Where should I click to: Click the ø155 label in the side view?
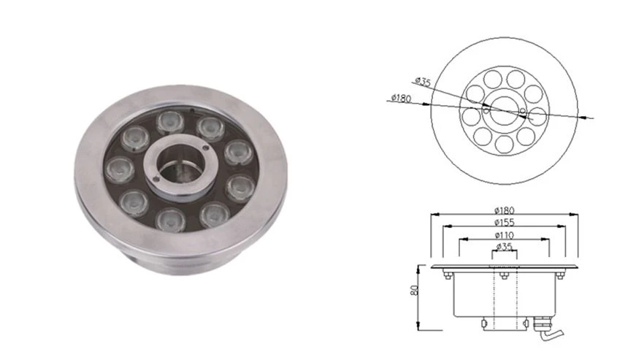pyautogui.click(x=505, y=223)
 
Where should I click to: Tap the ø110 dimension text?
pyautogui.click(x=505, y=235)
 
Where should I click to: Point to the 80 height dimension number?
pyautogui.click(x=415, y=289)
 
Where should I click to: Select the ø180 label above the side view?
pyautogui.click(x=505, y=210)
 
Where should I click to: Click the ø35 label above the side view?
pyautogui.click(x=505, y=247)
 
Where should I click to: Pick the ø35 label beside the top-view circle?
pyautogui.click(x=423, y=82)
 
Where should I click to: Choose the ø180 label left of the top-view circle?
pyautogui.click(x=402, y=98)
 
